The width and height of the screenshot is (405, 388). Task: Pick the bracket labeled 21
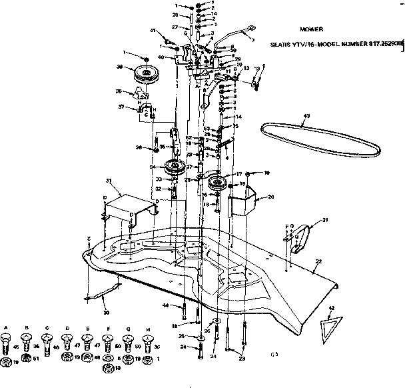click(x=300, y=236)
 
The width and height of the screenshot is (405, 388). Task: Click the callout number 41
click(x=153, y=31)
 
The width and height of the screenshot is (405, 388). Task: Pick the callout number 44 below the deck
click(x=166, y=305)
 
